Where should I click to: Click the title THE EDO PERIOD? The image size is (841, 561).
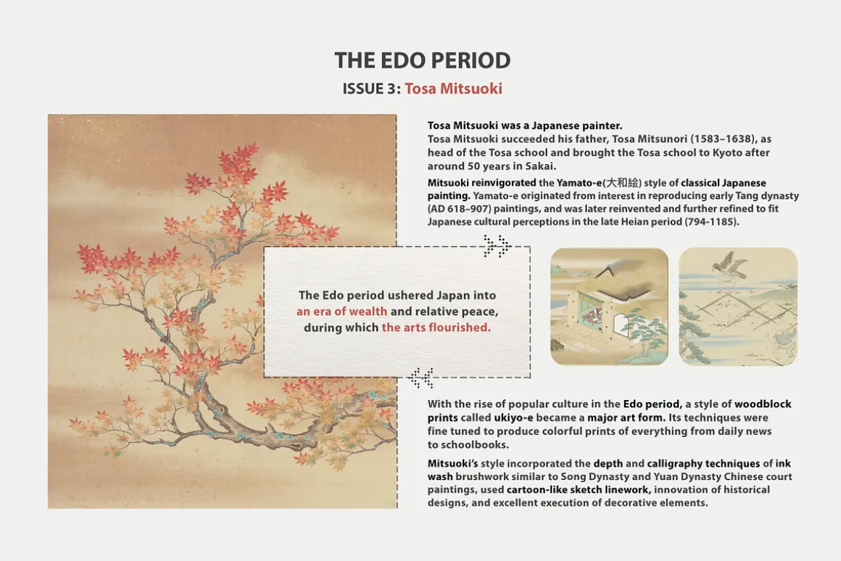[x=422, y=60]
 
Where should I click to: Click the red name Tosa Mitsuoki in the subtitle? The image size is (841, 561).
[x=453, y=88]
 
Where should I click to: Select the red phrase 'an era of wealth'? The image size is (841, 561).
[x=341, y=311]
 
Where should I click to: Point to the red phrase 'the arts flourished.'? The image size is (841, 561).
[x=436, y=327]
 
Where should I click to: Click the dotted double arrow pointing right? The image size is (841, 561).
[x=497, y=246]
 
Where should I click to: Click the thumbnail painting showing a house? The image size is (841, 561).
[x=609, y=307]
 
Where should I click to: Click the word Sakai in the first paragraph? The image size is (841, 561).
[x=539, y=166]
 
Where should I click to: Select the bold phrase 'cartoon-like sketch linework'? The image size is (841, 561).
[x=579, y=490]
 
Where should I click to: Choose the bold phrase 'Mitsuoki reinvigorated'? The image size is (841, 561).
[x=481, y=183]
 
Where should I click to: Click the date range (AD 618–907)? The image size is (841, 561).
[x=460, y=209]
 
